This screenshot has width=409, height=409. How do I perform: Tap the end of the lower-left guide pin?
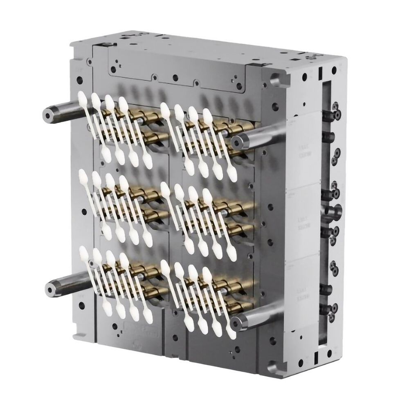[49, 290]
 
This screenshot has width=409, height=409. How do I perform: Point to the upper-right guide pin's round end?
[237, 142]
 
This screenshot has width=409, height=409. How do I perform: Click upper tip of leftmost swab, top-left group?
[82, 97]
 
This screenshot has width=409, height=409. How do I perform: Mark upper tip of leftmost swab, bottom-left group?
[84, 251]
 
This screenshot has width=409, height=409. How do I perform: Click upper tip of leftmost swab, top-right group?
[164, 108]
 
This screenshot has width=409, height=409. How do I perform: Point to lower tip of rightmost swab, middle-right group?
[231, 255]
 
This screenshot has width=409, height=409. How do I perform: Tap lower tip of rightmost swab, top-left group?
[148, 163]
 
